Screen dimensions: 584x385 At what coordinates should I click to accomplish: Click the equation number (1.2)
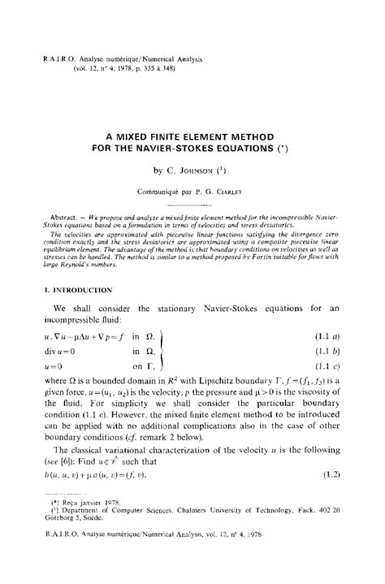pyautogui.click(x=339, y=473)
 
